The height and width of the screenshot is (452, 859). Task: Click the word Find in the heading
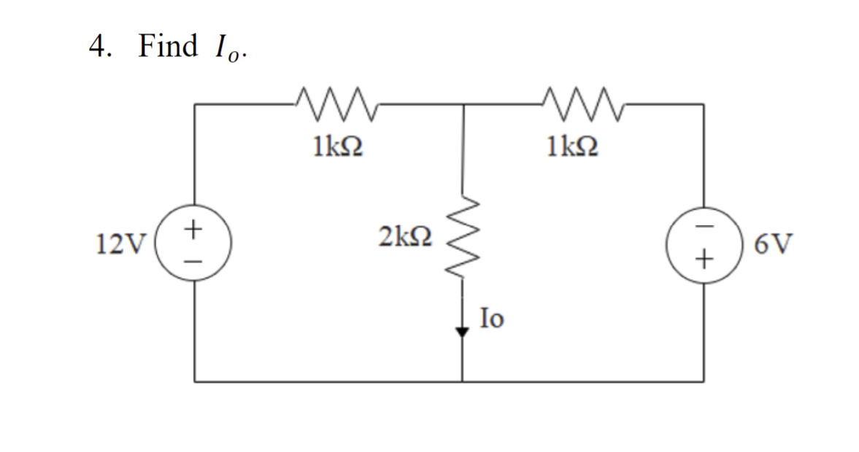point(167,47)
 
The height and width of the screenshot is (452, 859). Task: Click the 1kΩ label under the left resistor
point(336,147)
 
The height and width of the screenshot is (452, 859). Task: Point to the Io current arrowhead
point(462,332)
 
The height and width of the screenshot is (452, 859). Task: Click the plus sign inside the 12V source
point(193,229)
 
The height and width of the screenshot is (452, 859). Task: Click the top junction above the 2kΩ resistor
point(462,104)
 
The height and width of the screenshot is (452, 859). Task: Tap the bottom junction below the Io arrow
point(462,381)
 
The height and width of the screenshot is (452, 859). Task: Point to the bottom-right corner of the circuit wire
point(704,381)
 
